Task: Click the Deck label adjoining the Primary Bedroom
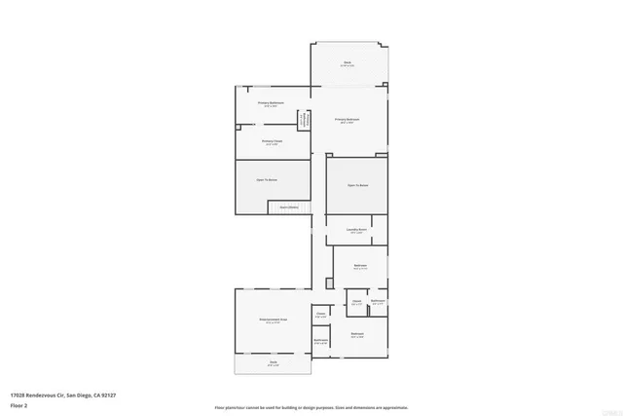348,62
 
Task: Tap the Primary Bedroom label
348,120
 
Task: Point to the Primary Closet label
272,141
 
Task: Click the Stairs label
289,207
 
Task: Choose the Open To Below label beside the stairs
268,180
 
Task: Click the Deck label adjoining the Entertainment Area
273,362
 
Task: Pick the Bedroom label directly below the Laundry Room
360,265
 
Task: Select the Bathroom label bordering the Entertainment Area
320,340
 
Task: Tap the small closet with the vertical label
304,120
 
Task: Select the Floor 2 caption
19,406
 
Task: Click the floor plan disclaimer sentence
311,406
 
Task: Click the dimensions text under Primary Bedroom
348,124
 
